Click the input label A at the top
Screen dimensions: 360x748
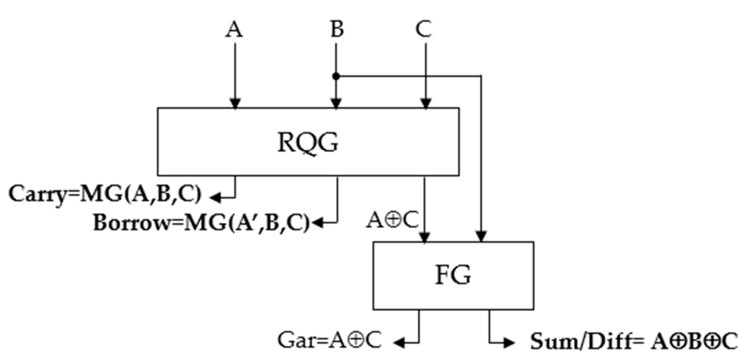click(234, 29)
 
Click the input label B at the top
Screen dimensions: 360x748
click(337, 29)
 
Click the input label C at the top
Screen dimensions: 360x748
click(424, 29)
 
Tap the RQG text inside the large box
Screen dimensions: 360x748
click(308, 143)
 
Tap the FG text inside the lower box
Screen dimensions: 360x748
click(453, 275)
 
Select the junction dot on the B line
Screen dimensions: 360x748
click(336, 76)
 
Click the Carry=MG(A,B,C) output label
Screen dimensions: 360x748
click(105, 194)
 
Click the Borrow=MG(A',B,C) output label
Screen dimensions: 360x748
click(201, 223)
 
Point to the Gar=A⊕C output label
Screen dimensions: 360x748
click(329, 341)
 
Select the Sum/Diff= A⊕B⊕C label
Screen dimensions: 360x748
click(634, 341)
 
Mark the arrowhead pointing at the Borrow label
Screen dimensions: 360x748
click(318, 223)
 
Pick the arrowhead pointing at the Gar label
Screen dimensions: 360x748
click(399, 342)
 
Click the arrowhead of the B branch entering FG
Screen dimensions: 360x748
click(481, 236)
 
